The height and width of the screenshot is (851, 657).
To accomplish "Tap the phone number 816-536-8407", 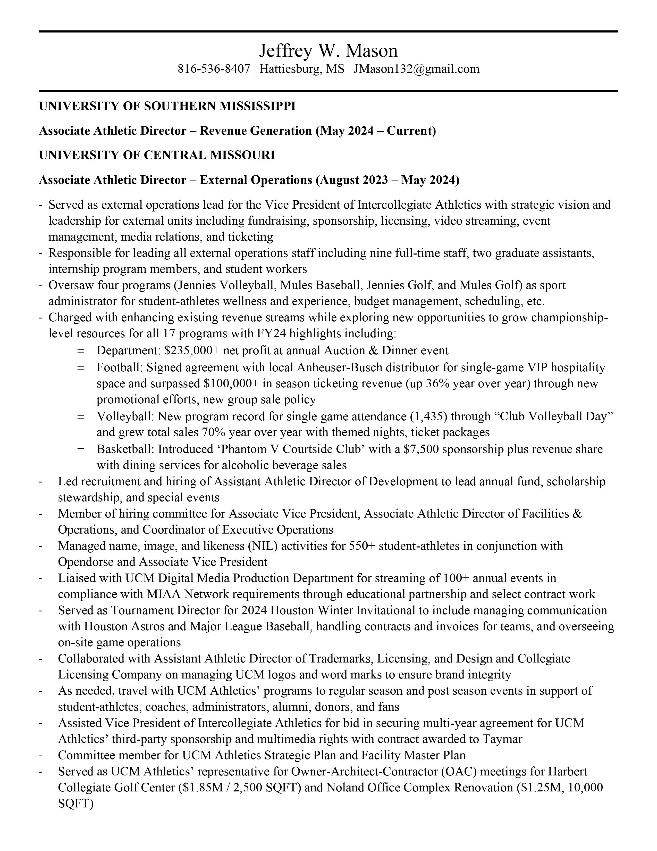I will pos(214,69).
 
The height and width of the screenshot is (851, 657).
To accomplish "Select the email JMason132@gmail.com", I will pos(416,69).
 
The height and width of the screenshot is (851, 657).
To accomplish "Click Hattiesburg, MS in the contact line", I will pos(302,69).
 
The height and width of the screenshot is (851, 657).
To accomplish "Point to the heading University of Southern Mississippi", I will pos(167,106).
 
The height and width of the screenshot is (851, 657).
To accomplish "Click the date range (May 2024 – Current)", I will pos(376,130).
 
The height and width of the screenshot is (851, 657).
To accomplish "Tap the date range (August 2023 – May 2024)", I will pos(387,180).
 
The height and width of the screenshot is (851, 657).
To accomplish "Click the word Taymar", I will pos(502,739).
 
